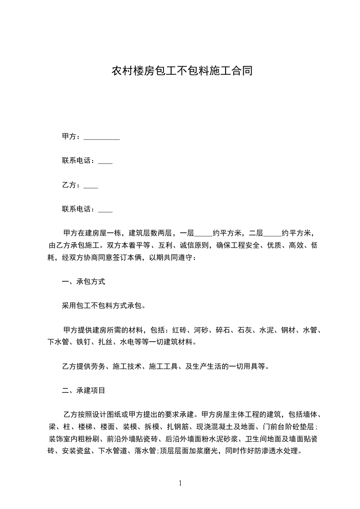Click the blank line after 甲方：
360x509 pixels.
point(102,137)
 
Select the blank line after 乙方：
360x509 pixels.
point(91,186)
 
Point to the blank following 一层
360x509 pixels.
point(203,234)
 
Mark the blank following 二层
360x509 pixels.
point(272,234)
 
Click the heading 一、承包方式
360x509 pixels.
point(84,282)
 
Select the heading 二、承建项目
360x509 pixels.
point(84,390)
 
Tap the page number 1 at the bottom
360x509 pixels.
point(180,484)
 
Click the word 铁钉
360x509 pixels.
point(84,342)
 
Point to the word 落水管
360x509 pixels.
point(145,451)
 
